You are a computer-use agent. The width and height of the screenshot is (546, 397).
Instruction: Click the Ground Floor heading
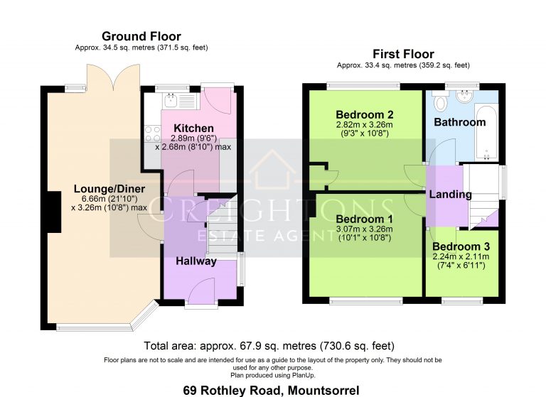(141, 36)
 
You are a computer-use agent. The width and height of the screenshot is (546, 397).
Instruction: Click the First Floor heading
(403, 54)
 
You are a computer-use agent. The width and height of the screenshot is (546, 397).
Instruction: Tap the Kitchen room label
(193, 128)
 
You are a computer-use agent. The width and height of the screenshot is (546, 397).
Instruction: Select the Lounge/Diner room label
(109, 189)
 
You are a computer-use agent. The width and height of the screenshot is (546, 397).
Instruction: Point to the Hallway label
(196, 261)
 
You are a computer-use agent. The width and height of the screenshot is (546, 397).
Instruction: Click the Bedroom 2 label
(365, 114)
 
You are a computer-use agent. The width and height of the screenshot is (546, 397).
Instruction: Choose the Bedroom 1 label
(364, 219)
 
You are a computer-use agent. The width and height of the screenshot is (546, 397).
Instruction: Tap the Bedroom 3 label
(461, 246)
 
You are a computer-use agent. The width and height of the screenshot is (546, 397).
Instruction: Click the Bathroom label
(460, 122)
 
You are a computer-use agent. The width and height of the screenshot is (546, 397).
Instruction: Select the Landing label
(450, 194)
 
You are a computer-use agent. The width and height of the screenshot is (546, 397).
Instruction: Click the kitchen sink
(171, 101)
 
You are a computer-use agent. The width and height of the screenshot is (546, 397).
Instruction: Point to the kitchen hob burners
(153, 134)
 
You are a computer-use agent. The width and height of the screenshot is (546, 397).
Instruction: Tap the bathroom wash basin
(464, 97)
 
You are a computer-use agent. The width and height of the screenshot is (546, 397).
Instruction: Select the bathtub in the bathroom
(486, 134)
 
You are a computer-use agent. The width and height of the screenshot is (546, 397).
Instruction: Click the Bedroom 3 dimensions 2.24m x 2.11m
(461, 257)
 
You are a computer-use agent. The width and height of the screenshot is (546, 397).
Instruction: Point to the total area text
(269, 346)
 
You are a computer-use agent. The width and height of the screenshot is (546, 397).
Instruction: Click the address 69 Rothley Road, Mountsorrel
(272, 391)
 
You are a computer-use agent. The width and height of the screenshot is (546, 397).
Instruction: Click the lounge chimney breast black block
(54, 212)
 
